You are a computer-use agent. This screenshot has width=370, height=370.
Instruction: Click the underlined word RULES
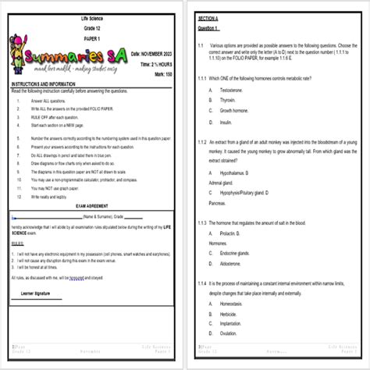point(18,244)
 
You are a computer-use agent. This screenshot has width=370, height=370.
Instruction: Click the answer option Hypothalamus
point(237,171)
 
